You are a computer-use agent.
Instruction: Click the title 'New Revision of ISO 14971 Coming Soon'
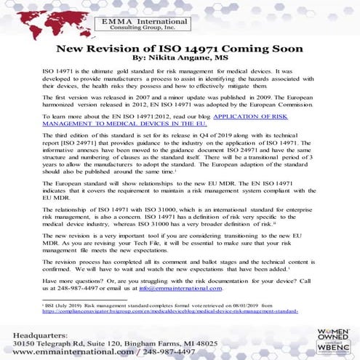[x=180, y=50]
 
